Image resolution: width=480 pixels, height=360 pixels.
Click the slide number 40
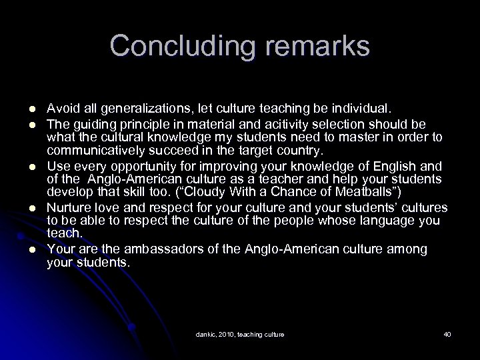[447, 333]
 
